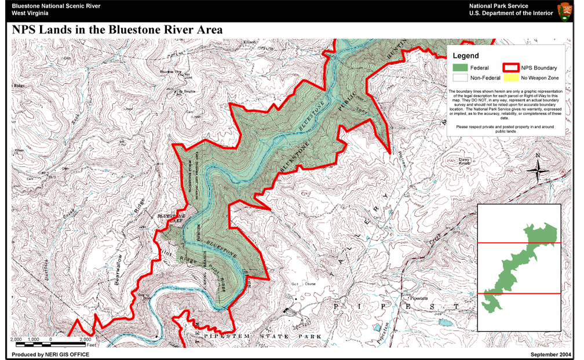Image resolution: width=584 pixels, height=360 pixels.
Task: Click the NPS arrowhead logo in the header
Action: [x=565, y=10]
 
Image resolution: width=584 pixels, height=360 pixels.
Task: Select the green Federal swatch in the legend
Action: [x=459, y=68]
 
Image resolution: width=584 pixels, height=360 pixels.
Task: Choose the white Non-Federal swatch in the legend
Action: [x=459, y=78]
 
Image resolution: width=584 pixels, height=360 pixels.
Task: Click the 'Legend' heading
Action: [x=466, y=56]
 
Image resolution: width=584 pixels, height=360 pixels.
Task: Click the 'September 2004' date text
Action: [x=551, y=354]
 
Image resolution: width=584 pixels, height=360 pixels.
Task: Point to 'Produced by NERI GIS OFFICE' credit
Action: [x=50, y=354]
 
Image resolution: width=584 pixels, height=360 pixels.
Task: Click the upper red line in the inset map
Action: [x=519, y=243]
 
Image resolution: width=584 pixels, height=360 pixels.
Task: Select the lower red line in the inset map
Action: [x=519, y=294]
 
